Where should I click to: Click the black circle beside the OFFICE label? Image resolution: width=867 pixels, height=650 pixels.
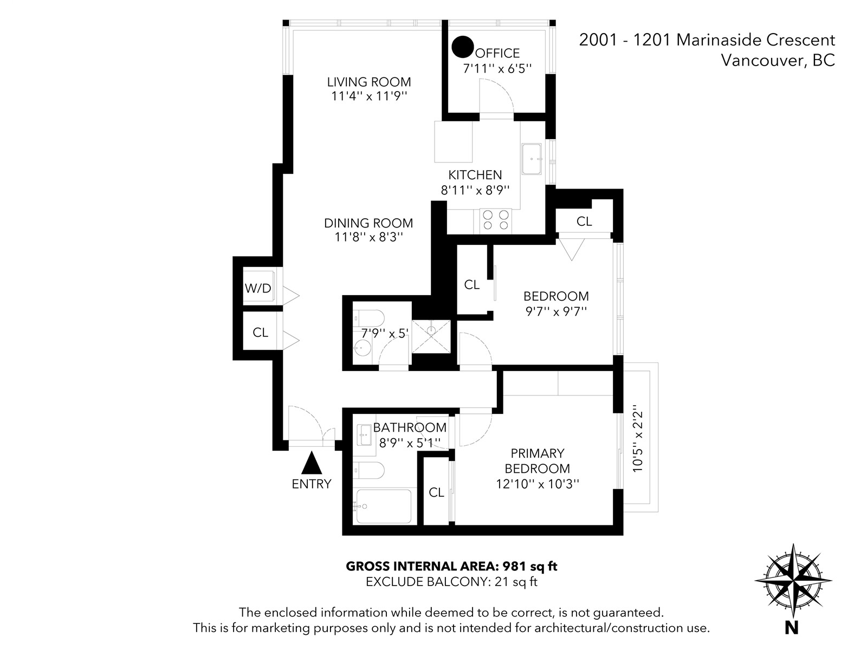pos(463,47)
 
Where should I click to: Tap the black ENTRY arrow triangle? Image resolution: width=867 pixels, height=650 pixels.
pos(312,463)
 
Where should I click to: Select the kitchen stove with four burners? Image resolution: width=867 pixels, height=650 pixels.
pos(496,220)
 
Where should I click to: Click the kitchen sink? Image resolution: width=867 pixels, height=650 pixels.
pos(532,159)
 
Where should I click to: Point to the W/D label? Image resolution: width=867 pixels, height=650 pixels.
pos(258,289)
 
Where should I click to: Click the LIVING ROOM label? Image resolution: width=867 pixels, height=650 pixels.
pos(369,82)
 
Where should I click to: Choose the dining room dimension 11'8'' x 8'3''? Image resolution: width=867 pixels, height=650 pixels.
pos(369,237)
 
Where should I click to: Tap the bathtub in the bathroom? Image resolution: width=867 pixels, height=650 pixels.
pos(384,506)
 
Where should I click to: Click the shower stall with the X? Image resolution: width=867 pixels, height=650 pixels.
pos(431,336)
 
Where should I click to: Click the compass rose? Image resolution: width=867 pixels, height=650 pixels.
pos(793,581)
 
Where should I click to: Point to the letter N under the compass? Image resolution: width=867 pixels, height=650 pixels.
pos(792,628)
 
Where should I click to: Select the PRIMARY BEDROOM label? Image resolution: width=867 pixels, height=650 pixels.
pos(538,461)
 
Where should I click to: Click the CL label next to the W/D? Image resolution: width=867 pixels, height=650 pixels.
pos(260,333)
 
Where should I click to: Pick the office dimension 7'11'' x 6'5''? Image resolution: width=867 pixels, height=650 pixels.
pos(497,69)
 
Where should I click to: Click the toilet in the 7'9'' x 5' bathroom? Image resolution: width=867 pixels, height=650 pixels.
pos(368,318)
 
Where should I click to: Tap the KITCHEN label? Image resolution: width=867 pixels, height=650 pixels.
pos(475,175)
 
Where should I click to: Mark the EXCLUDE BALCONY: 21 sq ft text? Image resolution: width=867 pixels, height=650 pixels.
pos(451,582)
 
